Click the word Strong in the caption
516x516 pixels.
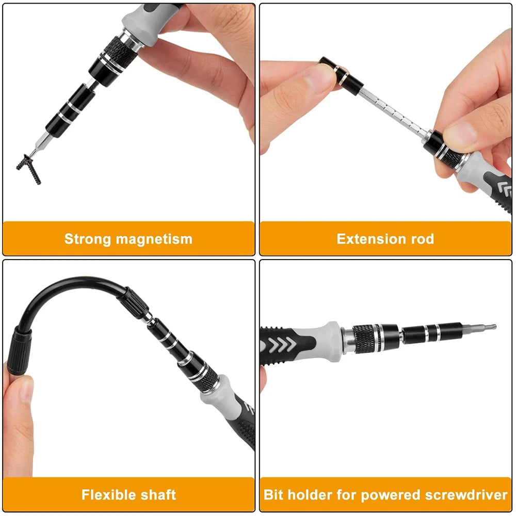pos(88,239)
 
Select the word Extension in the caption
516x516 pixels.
pos(367,239)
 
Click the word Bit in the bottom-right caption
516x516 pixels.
pos(274,495)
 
